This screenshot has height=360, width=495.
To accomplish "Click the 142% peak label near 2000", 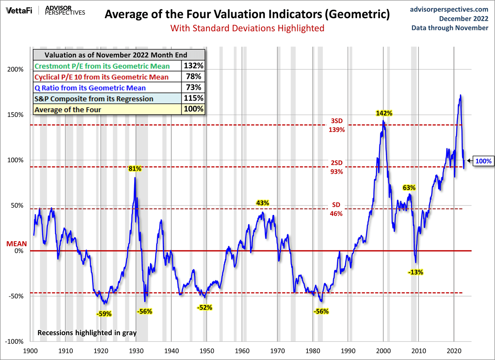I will click(x=384, y=113).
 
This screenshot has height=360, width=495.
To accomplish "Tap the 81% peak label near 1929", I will click(x=135, y=168).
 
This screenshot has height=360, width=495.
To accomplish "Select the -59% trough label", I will click(x=104, y=314).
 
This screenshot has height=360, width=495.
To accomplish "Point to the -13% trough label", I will click(x=416, y=272).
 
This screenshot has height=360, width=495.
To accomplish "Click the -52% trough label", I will click(x=204, y=308).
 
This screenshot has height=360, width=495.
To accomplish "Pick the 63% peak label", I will click(x=409, y=188).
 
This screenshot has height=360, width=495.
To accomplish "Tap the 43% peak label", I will click(x=262, y=203).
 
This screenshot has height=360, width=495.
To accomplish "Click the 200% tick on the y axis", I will click(x=16, y=70).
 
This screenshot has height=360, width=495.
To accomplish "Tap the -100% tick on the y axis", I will click(x=15, y=341).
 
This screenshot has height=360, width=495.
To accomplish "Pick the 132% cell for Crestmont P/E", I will click(x=194, y=66).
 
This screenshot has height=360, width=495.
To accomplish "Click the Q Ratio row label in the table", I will click(x=90, y=88).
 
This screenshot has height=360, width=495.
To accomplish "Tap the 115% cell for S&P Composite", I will click(x=194, y=98).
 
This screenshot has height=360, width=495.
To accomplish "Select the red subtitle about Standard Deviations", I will click(x=247, y=28).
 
